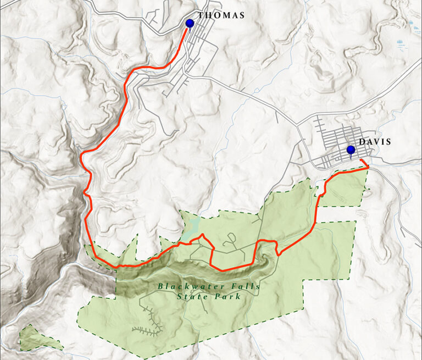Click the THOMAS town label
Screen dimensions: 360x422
pyautogui.click(x=221, y=15)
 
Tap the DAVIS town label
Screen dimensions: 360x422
pyautogui.click(x=375, y=142)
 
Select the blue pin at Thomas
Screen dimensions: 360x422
pyautogui.click(x=190, y=23)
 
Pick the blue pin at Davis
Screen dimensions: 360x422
pyautogui.click(x=351, y=149)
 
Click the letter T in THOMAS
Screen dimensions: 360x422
pyautogui.click(x=201, y=15)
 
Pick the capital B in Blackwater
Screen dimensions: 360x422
pyautogui.click(x=160, y=286)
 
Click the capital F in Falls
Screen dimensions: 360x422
pyautogui.click(x=231, y=286)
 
